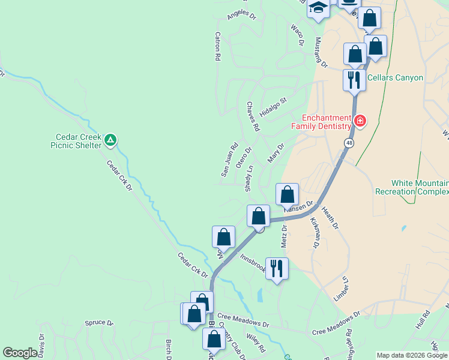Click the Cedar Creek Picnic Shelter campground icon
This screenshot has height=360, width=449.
[x=110, y=140]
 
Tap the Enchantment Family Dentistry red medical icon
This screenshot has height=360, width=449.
[x=360, y=121]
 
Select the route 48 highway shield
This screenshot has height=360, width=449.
[x=349, y=143]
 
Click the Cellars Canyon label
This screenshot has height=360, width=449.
[x=395, y=77]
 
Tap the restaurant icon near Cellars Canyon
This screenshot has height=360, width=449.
[x=354, y=79]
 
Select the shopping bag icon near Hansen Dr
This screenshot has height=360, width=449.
[x=288, y=194]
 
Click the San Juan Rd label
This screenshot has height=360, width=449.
[x=229, y=159]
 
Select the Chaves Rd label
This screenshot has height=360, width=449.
[x=253, y=116]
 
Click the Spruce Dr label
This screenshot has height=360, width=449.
[x=99, y=323]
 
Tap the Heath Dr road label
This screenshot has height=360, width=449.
[x=330, y=217]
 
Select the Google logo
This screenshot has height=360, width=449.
[x=20, y=353]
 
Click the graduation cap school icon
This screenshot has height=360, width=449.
[x=318, y=8]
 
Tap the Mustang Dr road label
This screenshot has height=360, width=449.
[x=321, y=52]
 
